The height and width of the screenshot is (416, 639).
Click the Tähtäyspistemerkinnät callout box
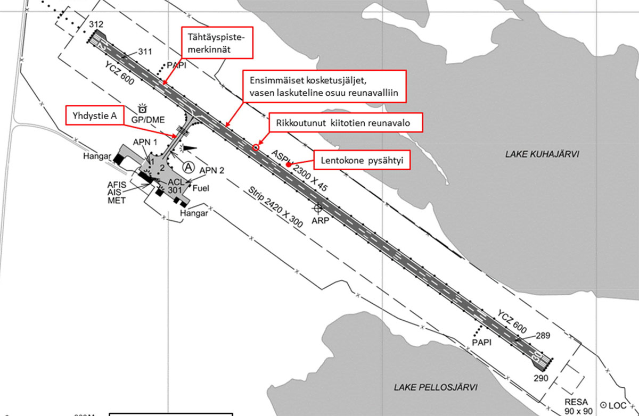tap(217, 42)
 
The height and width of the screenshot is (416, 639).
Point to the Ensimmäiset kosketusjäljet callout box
tap(324, 87)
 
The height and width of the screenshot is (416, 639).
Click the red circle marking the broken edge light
tap(256, 147)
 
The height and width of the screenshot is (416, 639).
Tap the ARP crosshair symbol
tap(318, 207)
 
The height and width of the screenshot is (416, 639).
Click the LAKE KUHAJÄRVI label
tap(542, 154)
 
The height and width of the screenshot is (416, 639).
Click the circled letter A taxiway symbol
tap(188, 167)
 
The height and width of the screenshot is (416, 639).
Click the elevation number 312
tap(96, 24)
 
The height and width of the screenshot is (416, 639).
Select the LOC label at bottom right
tap(618, 405)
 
